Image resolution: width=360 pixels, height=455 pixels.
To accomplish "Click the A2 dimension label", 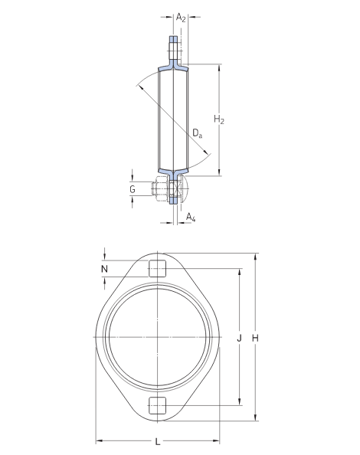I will (180, 16).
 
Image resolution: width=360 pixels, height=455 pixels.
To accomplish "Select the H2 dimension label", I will (219, 119).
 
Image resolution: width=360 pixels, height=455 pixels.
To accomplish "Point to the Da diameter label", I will (198, 134).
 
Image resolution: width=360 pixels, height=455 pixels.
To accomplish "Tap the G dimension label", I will (132, 188).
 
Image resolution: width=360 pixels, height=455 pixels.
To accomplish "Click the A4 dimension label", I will (191, 218).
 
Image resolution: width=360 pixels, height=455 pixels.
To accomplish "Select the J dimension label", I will (239, 337).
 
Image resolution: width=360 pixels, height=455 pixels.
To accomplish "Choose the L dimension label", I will (158, 441).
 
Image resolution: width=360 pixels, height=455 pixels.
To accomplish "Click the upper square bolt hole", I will (157, 268).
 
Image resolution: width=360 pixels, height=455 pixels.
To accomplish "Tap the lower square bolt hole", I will (157, 406).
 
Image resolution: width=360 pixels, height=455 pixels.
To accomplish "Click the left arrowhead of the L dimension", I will (98, 440).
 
